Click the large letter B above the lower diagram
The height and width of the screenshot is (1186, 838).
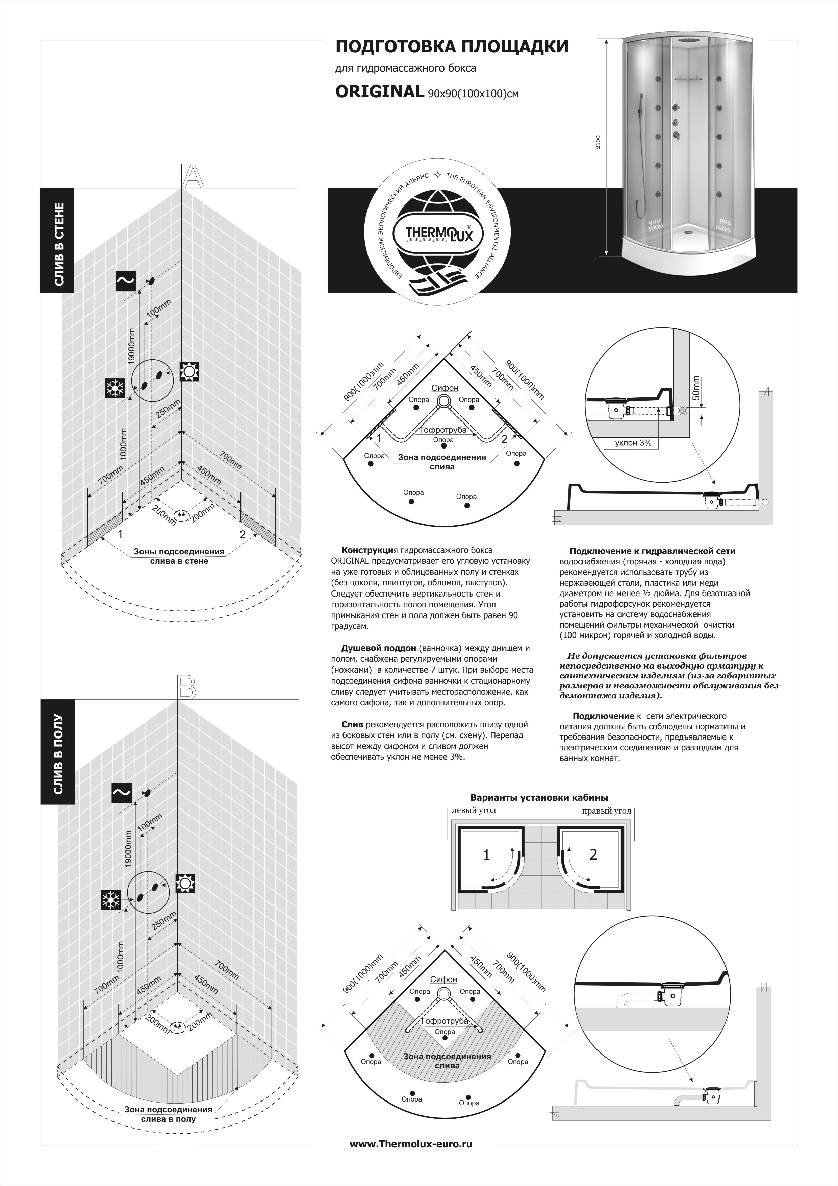(x=186, y=687)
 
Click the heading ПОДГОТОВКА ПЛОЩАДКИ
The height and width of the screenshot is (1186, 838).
(x=452, y=47)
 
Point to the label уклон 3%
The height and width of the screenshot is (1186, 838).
(x=633, y=443)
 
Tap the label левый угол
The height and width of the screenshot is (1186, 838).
(x=474, y=810)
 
